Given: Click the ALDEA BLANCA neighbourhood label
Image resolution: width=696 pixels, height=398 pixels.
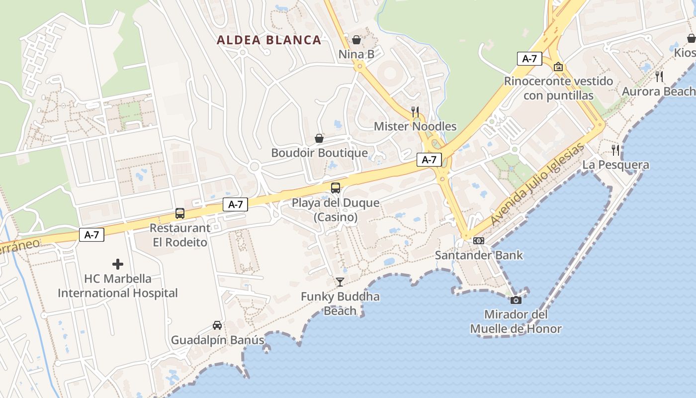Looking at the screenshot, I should click(269, 40).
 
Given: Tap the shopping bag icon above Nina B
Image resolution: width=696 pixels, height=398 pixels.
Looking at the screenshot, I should click(356, 40).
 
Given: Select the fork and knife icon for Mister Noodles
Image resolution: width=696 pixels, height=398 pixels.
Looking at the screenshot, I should click(415, 112).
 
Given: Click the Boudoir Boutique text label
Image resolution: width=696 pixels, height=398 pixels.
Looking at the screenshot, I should click(319, 153).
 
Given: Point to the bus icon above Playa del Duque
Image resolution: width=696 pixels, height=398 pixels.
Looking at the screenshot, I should click(336, 188).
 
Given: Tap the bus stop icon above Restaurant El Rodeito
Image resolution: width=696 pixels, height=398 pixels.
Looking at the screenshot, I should click(180, 213).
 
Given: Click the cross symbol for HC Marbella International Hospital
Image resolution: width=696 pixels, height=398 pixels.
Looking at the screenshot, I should click(118, 264).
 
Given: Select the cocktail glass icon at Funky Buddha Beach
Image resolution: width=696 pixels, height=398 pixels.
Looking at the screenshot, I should click(340, 282).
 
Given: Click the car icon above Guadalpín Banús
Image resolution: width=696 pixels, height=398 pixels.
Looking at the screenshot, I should click(217, 325).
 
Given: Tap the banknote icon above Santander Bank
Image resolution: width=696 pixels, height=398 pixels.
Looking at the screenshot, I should click(479, 241).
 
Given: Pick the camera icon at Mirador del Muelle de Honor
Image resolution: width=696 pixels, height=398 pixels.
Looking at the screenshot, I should click(516, 300).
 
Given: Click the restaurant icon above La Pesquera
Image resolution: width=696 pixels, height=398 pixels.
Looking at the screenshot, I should click(615, 150).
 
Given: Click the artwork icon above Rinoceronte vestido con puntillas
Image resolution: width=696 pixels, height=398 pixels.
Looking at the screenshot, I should click(558, 67).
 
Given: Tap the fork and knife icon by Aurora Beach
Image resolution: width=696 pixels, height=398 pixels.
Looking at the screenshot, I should click(659, 77).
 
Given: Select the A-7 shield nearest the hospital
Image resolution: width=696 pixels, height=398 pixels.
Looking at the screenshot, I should click(91, 235).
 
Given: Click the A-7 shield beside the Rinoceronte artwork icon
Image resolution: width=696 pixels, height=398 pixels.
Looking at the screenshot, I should click(529, 59).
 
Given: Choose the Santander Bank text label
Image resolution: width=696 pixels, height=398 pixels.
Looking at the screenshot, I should click(479, 255).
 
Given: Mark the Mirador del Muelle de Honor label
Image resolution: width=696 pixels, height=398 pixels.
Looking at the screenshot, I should click(516, 321).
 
